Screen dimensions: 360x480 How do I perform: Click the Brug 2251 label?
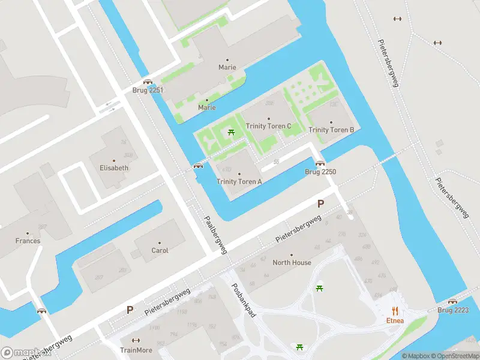(x=148, y=91)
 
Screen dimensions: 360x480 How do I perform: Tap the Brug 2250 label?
(x=320, y=172)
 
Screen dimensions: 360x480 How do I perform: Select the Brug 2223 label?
(x=452, y=310)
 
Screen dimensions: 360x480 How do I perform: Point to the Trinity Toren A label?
(x=239, y=182)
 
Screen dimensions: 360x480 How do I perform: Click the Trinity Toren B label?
(x=331, y=130)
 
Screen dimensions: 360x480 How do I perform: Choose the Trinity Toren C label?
(x=268, y=126)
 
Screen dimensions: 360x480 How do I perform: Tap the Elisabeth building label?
(x=113, y=168)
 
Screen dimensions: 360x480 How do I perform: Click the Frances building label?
(x=28, y=241)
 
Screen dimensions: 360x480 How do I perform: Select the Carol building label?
(x=160, y=251)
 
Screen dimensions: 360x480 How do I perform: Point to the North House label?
(x=292, y=263)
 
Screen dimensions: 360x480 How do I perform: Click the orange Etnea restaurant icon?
(x=395, y=310)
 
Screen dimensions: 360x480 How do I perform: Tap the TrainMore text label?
(x=136, y=350)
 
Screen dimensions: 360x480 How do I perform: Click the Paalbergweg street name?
(x=215, y=235)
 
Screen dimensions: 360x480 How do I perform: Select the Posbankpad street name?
(x=244, y=300)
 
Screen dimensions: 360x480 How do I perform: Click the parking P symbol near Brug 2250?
(x=320, y=204)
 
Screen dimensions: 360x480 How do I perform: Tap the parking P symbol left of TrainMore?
(x=130, y=310)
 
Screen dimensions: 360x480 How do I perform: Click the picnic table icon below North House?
(x=319, y=289)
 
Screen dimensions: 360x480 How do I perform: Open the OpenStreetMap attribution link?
(x=455, y=356)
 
